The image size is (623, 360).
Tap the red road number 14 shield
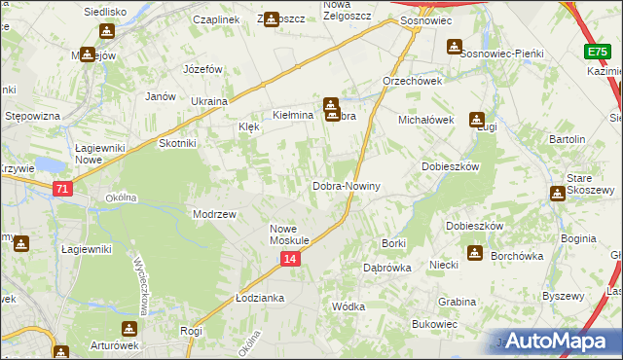290,259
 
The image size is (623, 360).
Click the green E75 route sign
598,52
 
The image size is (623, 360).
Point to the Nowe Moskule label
289,234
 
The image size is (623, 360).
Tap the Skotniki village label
177,143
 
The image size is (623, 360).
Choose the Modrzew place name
214,214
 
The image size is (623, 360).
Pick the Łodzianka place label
259,298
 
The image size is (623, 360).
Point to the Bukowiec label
434,324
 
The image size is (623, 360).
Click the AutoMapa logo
559,342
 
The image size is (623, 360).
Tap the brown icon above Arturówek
128,329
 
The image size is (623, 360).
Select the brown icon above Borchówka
474,253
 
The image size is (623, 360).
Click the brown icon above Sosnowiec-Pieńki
454,46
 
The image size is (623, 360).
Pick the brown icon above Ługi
477,120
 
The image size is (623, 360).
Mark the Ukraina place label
208,101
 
